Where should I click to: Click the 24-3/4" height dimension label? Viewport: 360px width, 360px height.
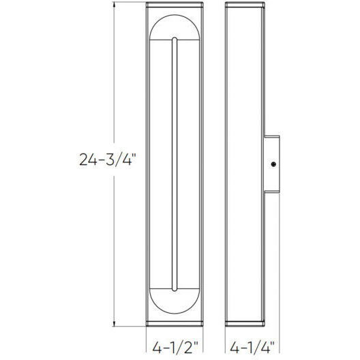pos(108,160)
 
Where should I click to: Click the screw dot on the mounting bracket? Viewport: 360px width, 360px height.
pos(273,164)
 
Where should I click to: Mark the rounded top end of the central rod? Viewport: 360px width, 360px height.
pos(175,39)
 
